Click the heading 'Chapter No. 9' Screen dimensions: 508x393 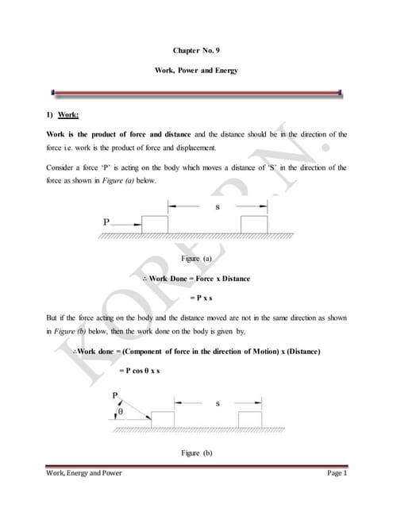click(x=196, y=50)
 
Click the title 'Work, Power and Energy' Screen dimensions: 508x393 click(x=196, y=71)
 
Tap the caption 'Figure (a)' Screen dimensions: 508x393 click(x=196, y=260)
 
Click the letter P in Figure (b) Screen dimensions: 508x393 click(x=114, y=394)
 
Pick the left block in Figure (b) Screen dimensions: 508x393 click(x=163, y=419)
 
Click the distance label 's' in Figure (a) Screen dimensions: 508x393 click(x=218, y=208)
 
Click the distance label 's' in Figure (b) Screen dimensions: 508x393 click(x=218, y=403)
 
